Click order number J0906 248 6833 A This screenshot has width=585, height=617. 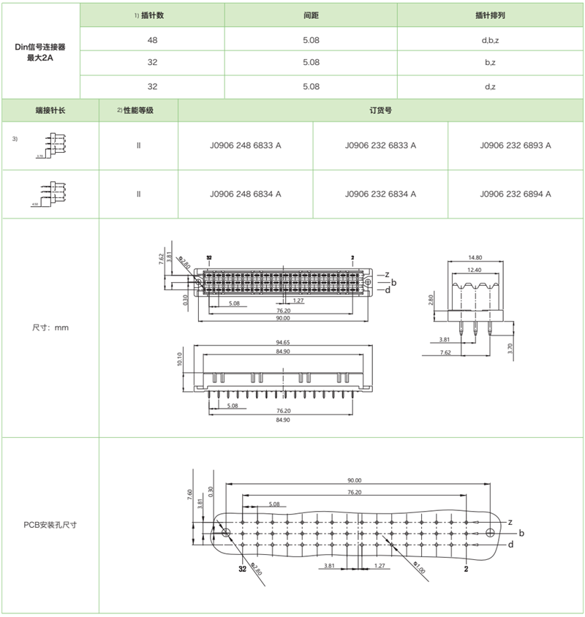245,145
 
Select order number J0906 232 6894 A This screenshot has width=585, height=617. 516,194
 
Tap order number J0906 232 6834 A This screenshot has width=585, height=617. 380,194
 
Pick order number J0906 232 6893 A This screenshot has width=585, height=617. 516,145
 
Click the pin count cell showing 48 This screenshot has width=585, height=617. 152,39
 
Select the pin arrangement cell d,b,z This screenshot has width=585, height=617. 490,39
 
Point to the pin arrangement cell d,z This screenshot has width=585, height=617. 490,86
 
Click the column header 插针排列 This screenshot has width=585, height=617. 490,15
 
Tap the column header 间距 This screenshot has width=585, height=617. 311,15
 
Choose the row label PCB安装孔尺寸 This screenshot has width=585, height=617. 50,525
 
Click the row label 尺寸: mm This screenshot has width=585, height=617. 50,328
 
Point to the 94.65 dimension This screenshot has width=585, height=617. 283,341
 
